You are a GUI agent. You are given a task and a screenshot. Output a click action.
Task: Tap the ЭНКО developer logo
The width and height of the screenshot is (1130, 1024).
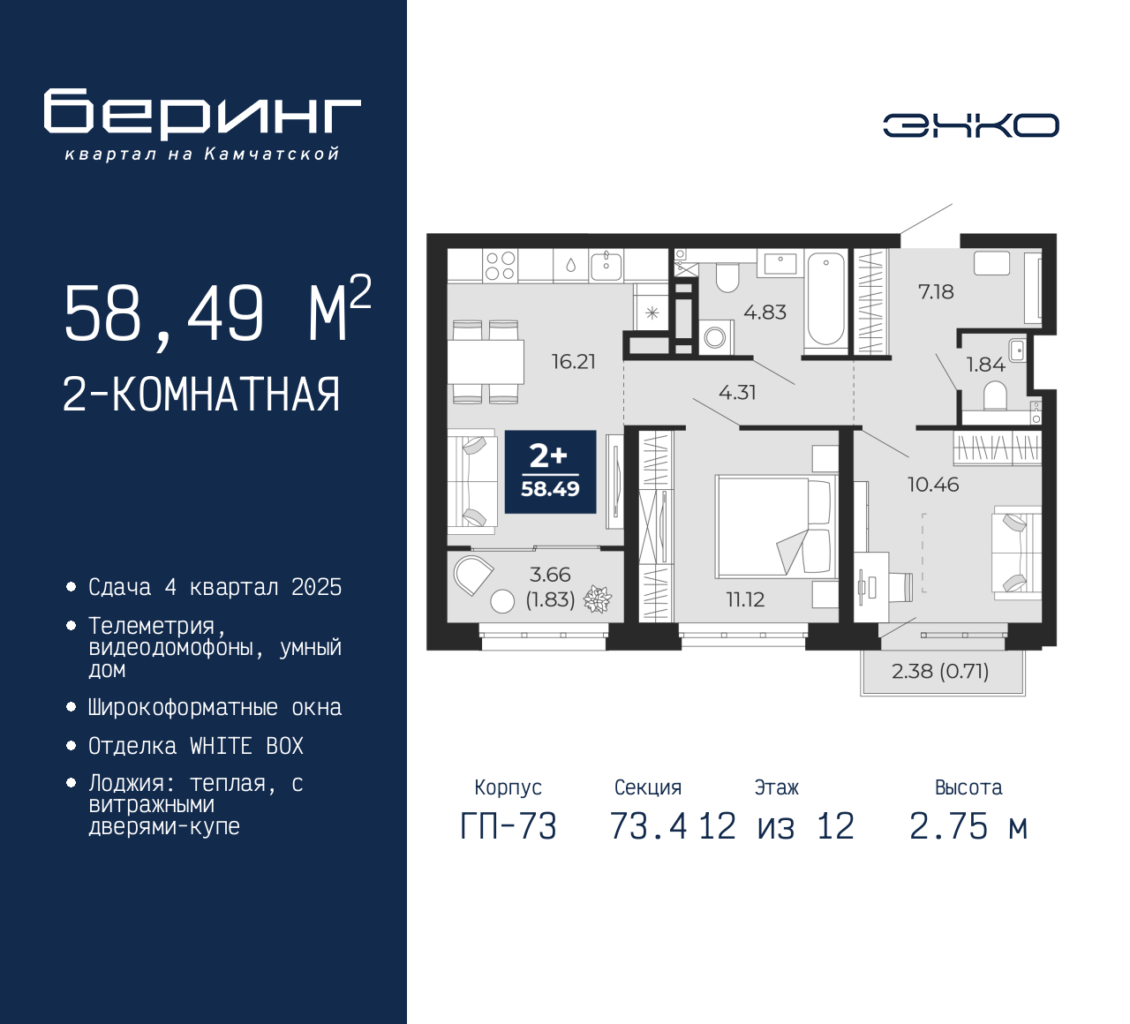coord(970,125)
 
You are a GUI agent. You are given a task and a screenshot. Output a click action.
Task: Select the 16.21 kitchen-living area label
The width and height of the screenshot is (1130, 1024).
coord(574,362)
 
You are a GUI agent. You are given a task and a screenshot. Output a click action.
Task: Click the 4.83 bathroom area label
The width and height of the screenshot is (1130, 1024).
coord(765,312)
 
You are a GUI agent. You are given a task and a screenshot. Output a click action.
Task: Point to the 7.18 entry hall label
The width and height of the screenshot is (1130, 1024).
coord(936,292)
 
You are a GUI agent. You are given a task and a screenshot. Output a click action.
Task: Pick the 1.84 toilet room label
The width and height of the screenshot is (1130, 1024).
coord(986,365)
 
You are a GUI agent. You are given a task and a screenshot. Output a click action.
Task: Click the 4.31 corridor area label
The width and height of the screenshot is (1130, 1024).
coord(737,392)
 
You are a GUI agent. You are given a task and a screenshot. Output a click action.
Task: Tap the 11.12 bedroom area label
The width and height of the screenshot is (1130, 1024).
coord(745,600)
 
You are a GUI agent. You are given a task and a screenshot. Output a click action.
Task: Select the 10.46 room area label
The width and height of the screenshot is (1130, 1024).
coord(933,485)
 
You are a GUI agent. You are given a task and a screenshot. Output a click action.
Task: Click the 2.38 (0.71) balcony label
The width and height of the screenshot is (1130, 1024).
coord(940,671)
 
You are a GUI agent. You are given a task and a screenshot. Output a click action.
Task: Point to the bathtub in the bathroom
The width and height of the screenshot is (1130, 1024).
coord(825,299)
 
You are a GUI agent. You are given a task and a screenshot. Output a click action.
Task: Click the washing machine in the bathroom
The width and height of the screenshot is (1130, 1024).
coord(716,337)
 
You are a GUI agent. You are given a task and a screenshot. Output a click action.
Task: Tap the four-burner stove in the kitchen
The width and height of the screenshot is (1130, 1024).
coord(501,266)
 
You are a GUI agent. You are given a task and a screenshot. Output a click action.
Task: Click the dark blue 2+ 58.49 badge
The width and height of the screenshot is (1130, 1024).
coord(550,472)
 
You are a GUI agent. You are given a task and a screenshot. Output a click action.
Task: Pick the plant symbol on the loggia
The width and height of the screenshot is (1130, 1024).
coord(597,599)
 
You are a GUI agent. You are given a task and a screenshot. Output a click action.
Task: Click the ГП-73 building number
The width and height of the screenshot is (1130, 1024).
coord(508,826)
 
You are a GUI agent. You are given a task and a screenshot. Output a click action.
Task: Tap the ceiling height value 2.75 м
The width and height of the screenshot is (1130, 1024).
coord(968,826)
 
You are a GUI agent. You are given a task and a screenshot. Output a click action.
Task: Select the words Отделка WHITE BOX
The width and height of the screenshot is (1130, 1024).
coord(196,746)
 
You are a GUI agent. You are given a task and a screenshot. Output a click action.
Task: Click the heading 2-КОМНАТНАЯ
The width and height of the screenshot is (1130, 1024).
coord(201,395)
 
